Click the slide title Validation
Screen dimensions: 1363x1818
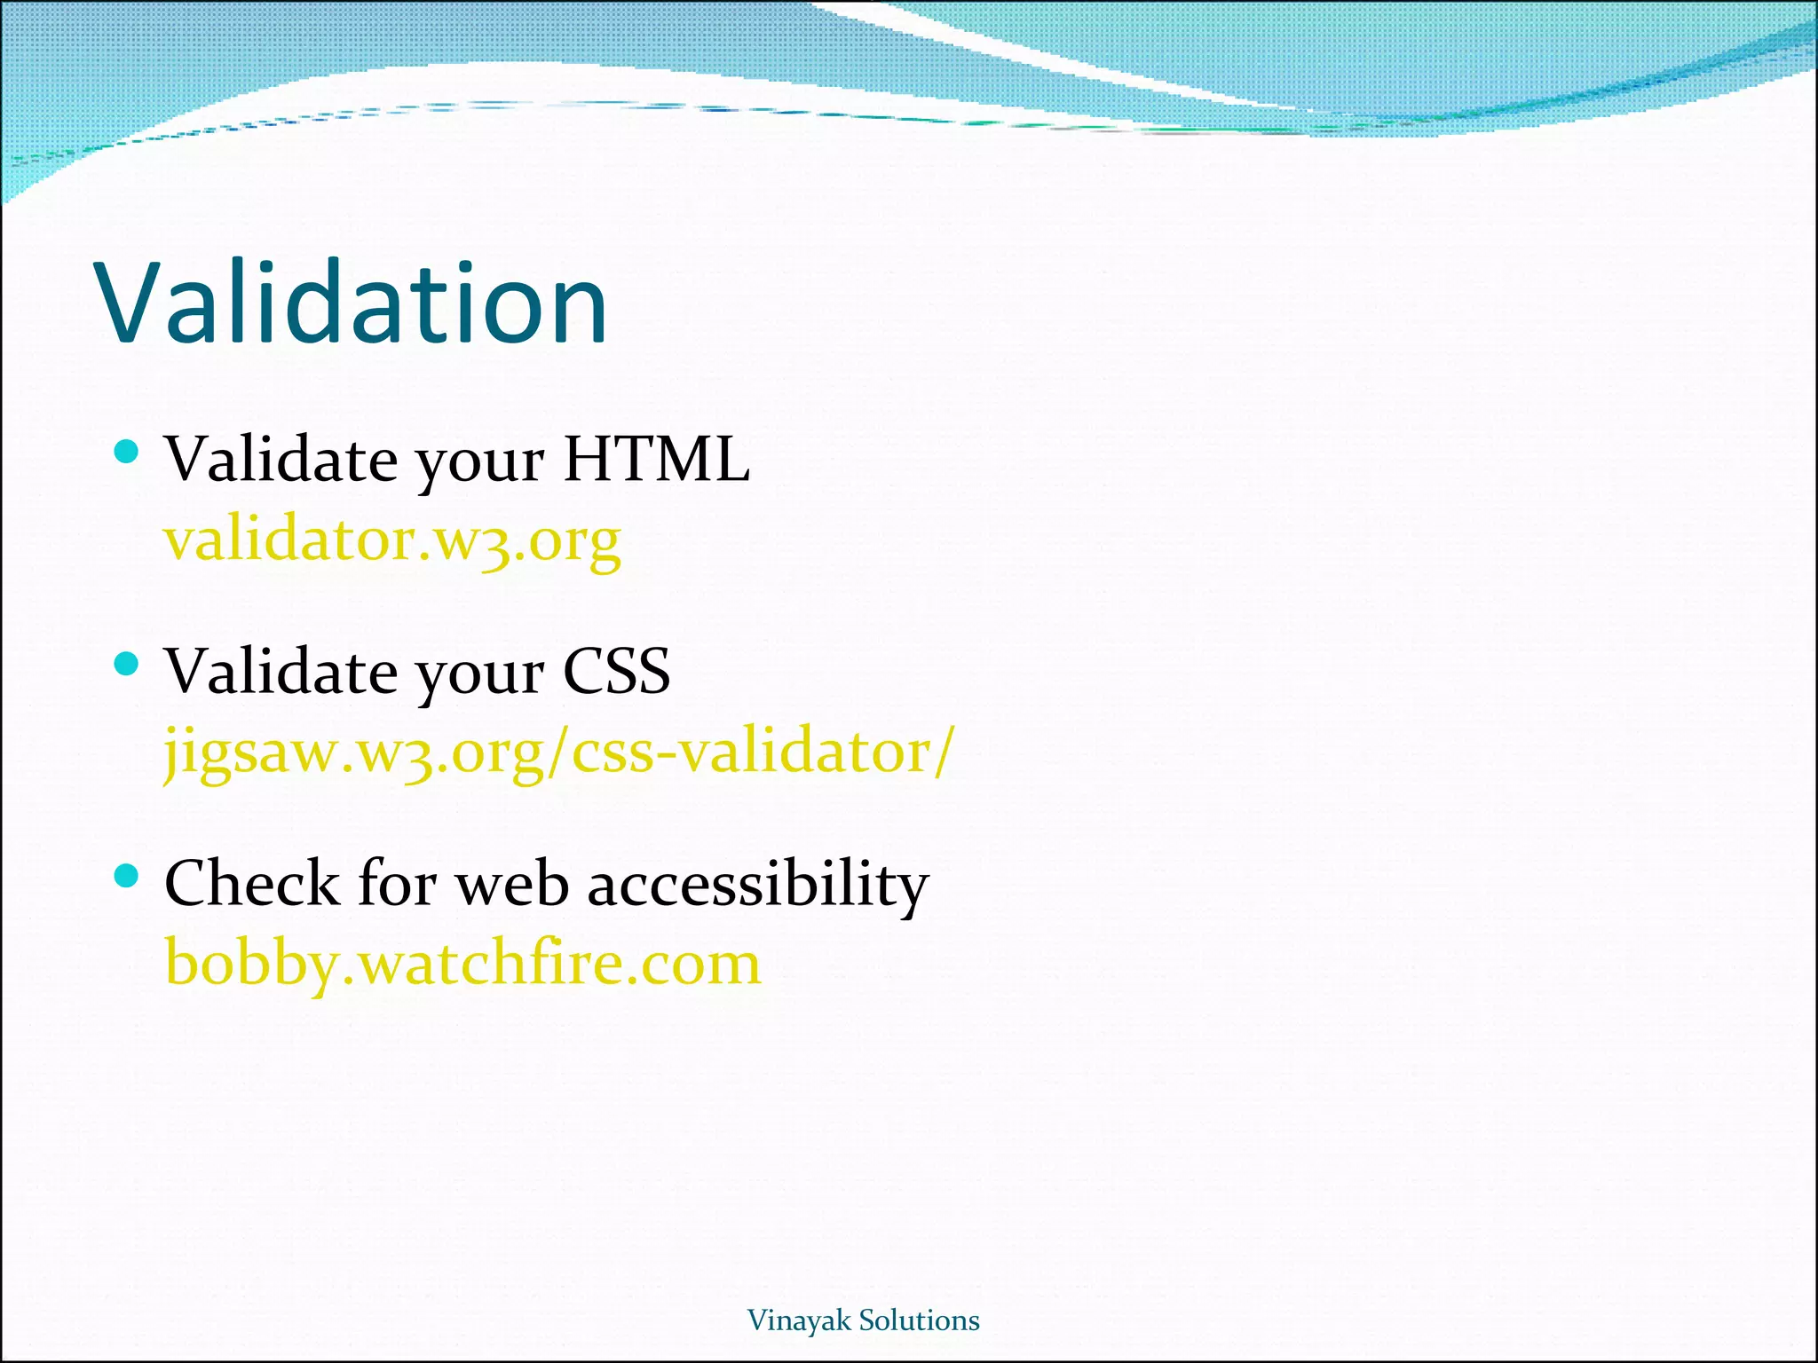coord(352,303)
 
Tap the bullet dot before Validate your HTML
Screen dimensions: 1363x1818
coord(127,453)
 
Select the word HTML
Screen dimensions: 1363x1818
coord(657,461)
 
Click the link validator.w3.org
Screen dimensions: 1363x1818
coord(391,540)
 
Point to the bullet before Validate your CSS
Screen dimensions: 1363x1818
coord(127,664)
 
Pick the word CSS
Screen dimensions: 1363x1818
coord(617,672)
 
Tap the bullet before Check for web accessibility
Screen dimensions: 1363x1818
coord(127,877)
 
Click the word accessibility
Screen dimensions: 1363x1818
coord(758,885)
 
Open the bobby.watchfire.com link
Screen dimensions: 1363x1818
coord(463,965)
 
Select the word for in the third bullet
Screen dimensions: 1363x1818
coord(397,885)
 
